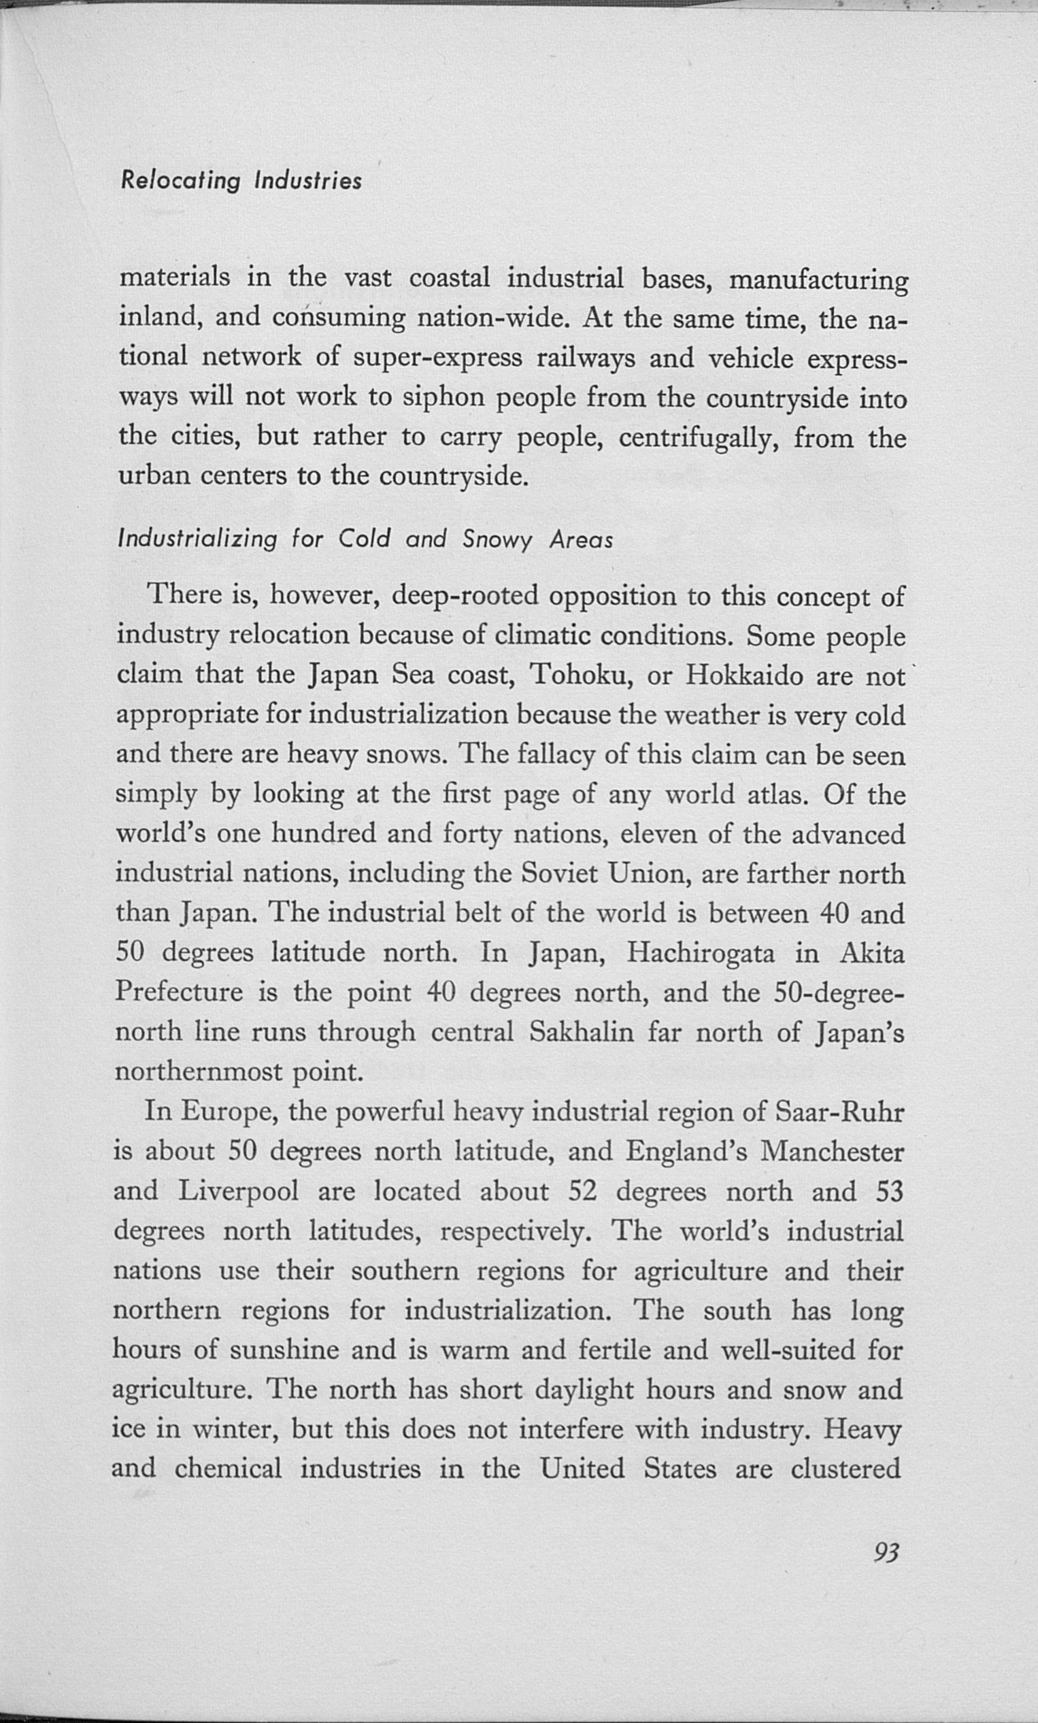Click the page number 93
[x=886, y=1552]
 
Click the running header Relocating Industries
[x=241, y=180]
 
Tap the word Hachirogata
[x=700, y=952]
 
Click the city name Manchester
[x=832, y=1151]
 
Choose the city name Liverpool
[x=239, y=1191]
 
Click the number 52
[x=582, y=1191]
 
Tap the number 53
[x=889, y=1191]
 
